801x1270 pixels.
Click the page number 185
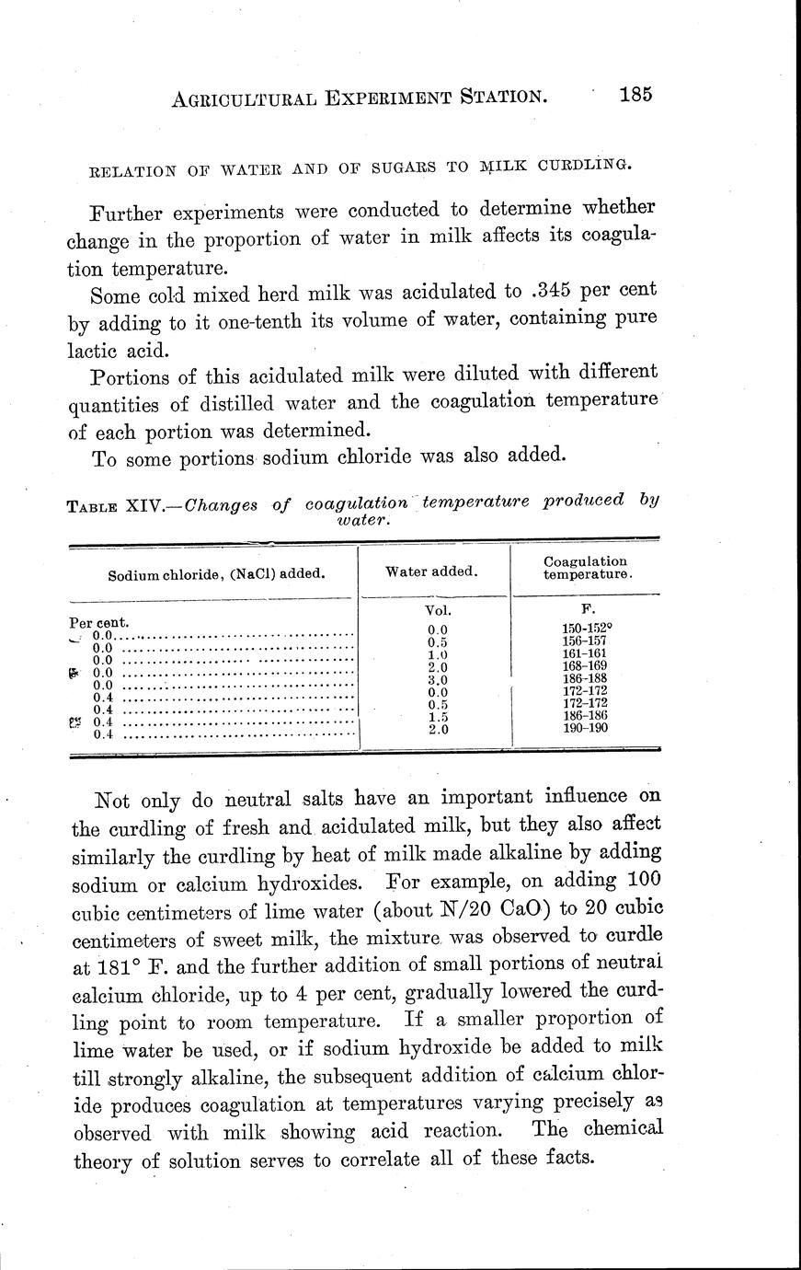635,95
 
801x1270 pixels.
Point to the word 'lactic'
96,350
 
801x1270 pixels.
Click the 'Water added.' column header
431,571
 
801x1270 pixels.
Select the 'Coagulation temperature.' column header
586,567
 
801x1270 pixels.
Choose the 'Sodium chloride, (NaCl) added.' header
216,574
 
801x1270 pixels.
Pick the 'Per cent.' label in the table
99,621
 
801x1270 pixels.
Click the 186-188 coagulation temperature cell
583,678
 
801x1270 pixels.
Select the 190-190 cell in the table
583,727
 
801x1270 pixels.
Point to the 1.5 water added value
437,716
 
